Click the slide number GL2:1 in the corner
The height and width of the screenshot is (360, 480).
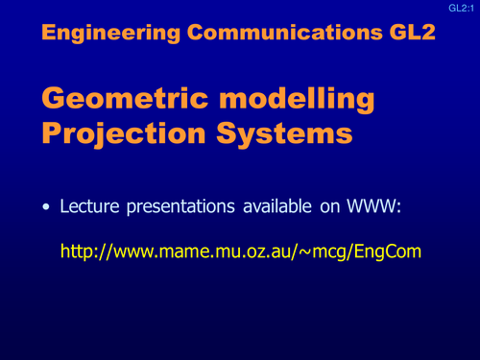coord(462,8)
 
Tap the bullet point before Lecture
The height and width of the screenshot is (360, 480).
coord(45,206)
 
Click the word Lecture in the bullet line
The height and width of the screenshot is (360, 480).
coord(91,206)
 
